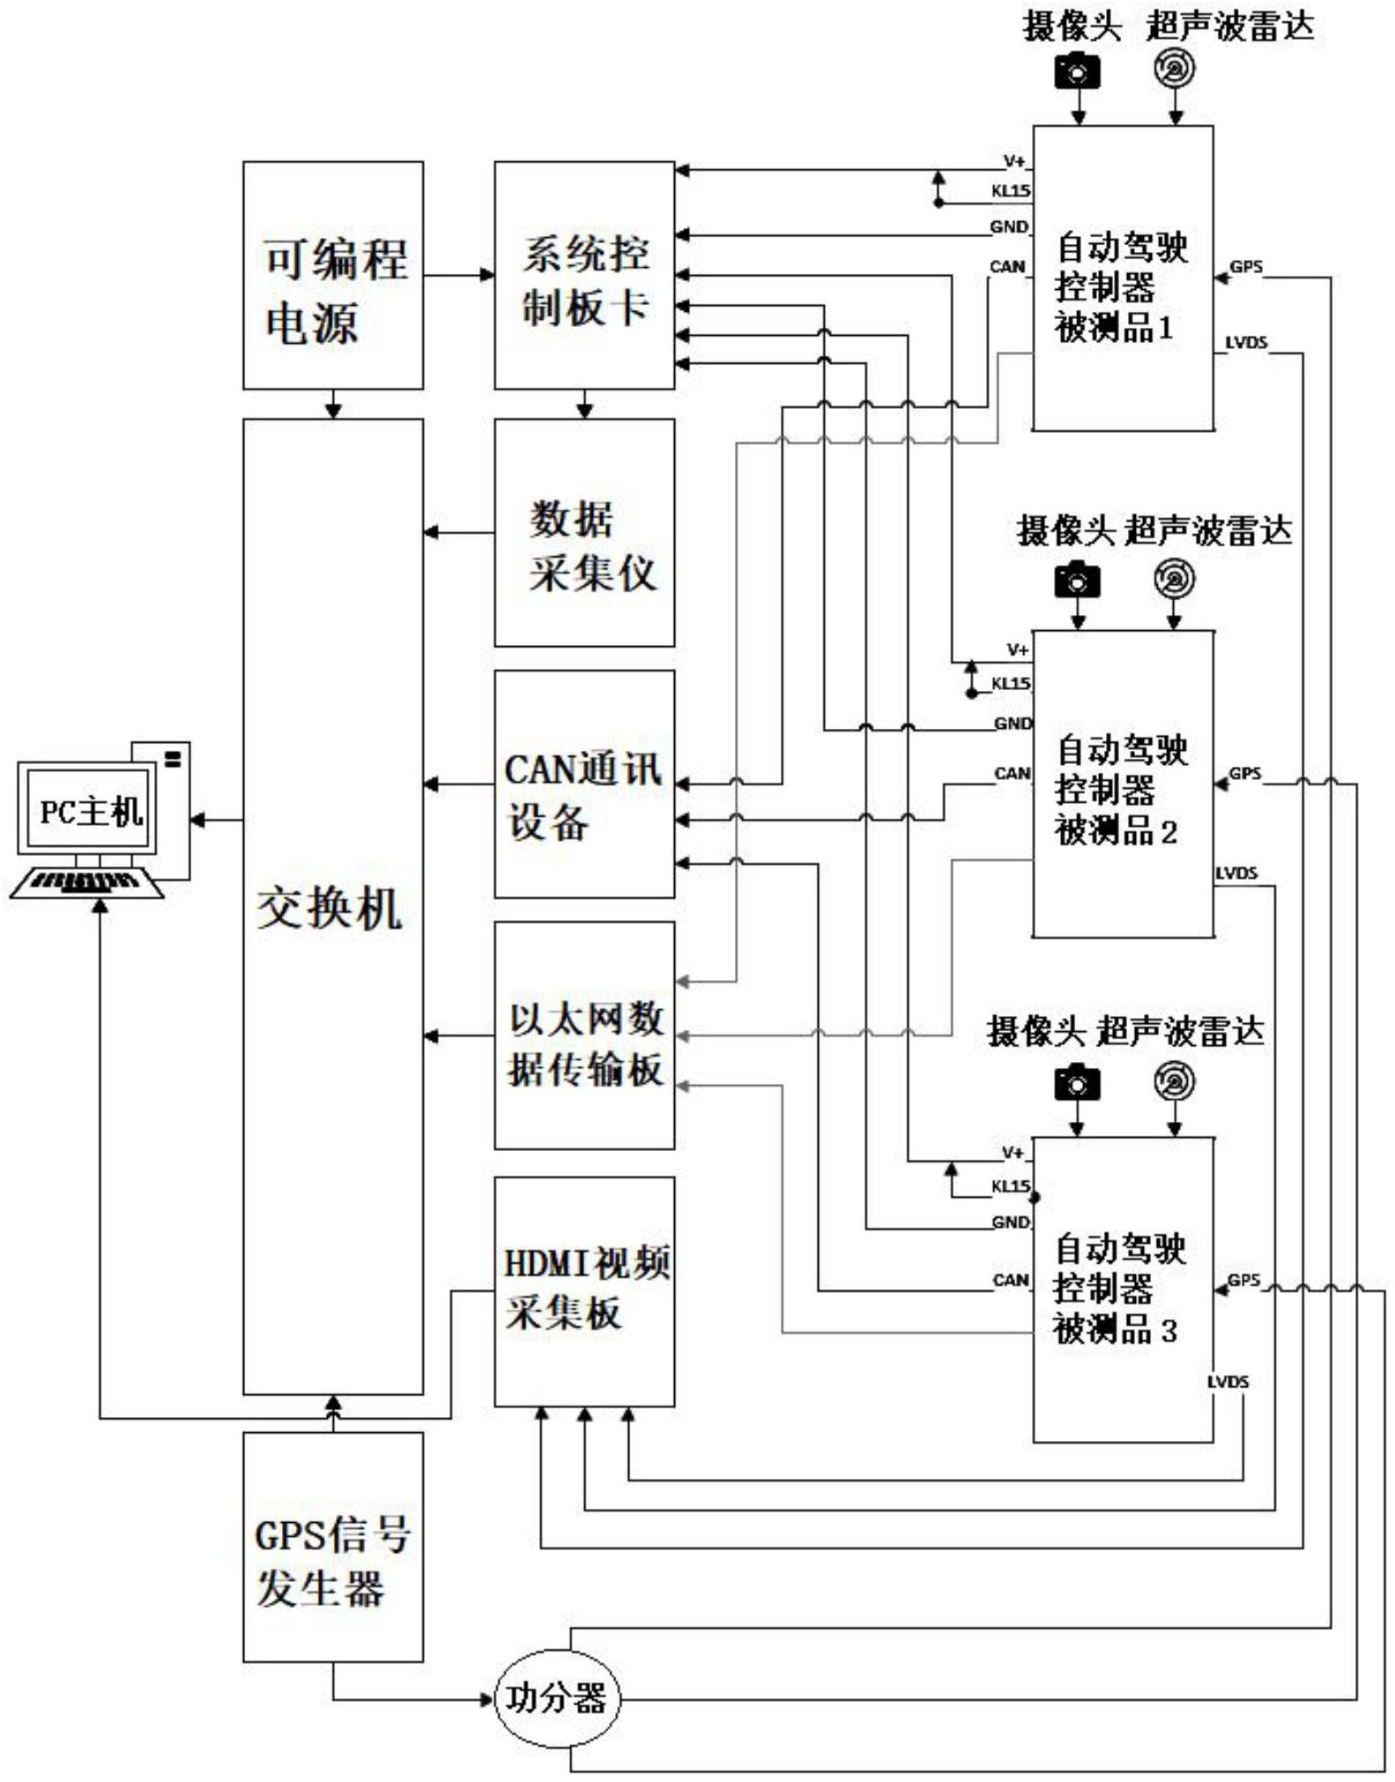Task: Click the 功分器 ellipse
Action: [x=556, y=1697]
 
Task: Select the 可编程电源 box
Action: [x=333, y=275]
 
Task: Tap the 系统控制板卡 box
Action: [x=584, y=275]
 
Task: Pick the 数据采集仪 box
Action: [x=584, y=532]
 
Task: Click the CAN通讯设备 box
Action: [x=584, y=784]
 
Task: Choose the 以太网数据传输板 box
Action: [x=584, y=1036]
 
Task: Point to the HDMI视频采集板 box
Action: [x=584, y=1291]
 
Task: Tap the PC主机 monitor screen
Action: [x=89, y=809]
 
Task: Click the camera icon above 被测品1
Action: [x=1077, y=71]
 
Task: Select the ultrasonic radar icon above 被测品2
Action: [x=1175, y=579]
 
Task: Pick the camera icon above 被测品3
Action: [x=1077, y=1082]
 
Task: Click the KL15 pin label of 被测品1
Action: [x=1011, y=191]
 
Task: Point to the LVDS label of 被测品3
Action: [x=1228, y=1381]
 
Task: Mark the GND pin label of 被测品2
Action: [x=1013, y=724]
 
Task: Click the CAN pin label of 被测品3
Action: [x=1011, y=1280]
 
